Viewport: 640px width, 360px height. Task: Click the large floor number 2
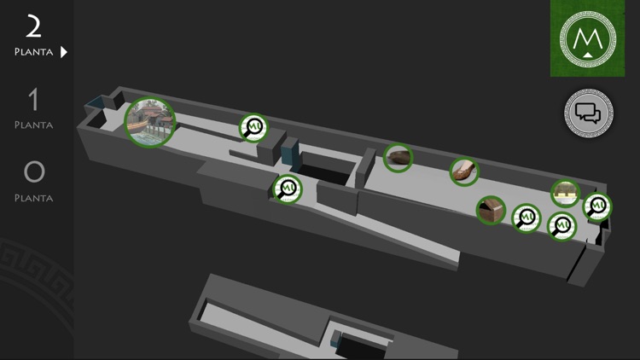(x=33, y=26)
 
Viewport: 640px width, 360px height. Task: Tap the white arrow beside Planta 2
(x=64, y=52)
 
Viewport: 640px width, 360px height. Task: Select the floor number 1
(x=33, y=99)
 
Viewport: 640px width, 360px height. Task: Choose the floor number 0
(x=34, y=171)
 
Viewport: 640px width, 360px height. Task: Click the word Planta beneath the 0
(x=34, y=199)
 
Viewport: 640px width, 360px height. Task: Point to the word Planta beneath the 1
(x=34, y=125)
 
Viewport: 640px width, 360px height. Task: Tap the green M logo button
(x=587, y=38)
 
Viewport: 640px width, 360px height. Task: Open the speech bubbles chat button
(x=589, y=113)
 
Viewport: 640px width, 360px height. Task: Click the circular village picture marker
(x=150, y=122)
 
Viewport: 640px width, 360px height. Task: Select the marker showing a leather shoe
(x=464, y=171)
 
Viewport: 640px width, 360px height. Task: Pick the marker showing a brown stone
(x=398, y=158)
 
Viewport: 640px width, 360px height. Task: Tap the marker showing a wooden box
(x=491, y=210)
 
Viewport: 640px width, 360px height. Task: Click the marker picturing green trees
(x=565, y=194)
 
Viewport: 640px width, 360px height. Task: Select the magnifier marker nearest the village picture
(x=254, y=128)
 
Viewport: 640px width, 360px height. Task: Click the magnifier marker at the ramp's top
(x=288, y=189)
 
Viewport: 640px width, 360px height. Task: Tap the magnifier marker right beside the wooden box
(x=527, y=218)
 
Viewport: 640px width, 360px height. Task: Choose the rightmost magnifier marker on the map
(x=597, y=207)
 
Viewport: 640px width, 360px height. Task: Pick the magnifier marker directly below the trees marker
(x=561, y=227)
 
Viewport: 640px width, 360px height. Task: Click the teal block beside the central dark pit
(x=290, y=153)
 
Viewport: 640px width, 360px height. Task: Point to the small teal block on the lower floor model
(x=335, y=339)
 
